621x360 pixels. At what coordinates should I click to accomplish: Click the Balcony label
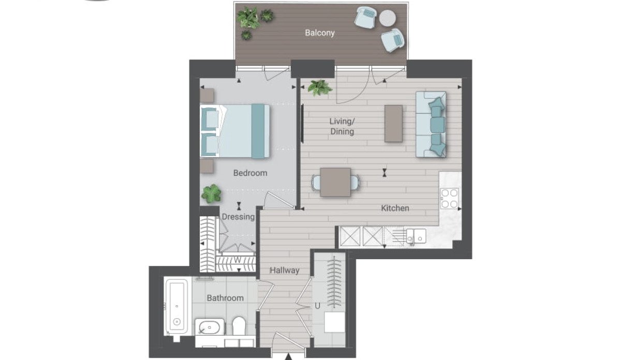point(320,33)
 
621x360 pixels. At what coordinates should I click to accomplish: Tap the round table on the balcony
point(388,18)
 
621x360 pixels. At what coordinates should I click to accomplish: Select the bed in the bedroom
point(235,131)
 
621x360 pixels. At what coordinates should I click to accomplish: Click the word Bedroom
point(250,173)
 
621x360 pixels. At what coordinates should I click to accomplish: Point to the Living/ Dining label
point(342,126)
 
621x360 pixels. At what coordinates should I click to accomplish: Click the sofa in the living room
point(431,125)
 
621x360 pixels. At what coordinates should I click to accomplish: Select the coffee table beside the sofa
point(393,124)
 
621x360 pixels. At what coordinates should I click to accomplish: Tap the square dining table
point(335,182)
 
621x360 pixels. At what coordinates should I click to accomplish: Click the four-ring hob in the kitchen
point(449,199)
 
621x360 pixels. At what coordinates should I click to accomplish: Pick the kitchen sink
point(416,236)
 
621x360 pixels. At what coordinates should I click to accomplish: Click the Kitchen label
point(395,208)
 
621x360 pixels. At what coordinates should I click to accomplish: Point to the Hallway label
point(285,270)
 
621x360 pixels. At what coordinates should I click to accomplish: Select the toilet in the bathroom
point(239,326)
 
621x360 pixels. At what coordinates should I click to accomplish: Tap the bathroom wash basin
point(209,327)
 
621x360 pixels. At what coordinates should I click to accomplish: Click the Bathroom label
point(225,298)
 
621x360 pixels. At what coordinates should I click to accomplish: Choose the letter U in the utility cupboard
point(317,306)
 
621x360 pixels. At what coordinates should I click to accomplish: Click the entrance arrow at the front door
point(288,356)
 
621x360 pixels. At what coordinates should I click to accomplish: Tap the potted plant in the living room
point(320,87)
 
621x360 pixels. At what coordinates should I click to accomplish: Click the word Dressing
point(238,217)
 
